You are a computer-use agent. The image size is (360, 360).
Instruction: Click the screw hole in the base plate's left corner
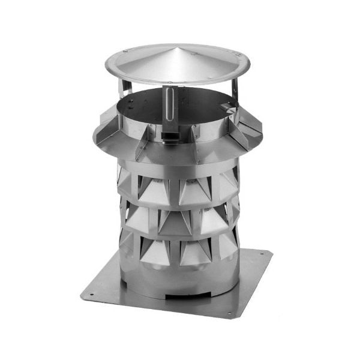click(91, 295)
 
